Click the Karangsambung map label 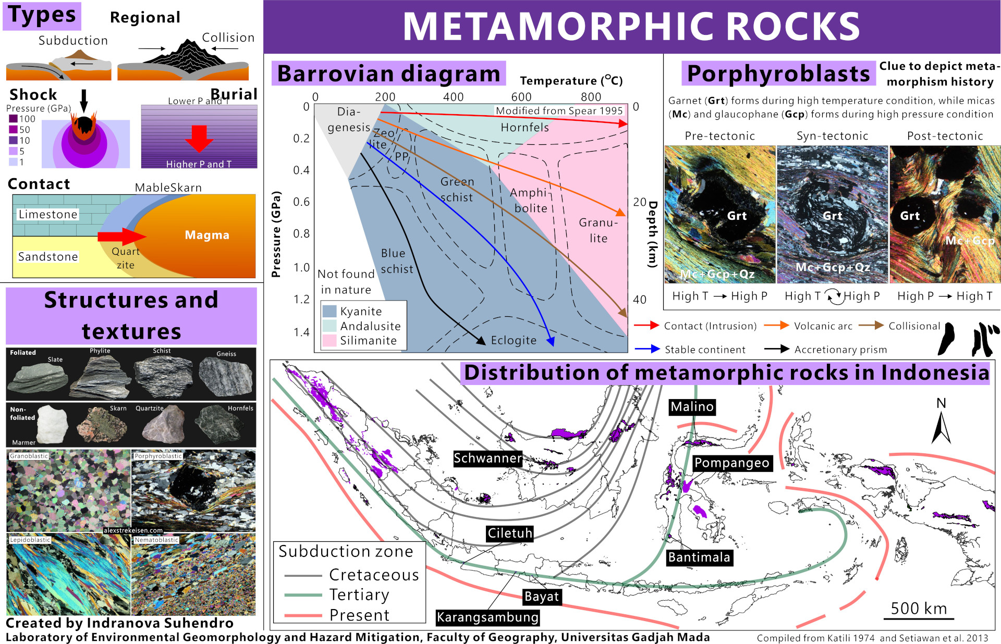coord(487,617)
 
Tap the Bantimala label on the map coord(699,558)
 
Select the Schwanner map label coord(487,459)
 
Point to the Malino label coord(692,407)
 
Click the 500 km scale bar coord(919,618)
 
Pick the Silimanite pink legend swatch coord(329,341)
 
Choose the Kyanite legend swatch coord(329,312)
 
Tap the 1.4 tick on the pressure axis coord(301,332)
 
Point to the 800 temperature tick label coord(591,97)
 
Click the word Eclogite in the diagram coord(514,340)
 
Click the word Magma coord(207,235)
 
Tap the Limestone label coord(48,214)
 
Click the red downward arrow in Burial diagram coord(199,138)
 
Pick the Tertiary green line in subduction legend coord(303,595)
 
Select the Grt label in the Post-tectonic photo coord(910,216)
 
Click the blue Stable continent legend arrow coord(648,349)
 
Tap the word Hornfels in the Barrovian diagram coord(524,128)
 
